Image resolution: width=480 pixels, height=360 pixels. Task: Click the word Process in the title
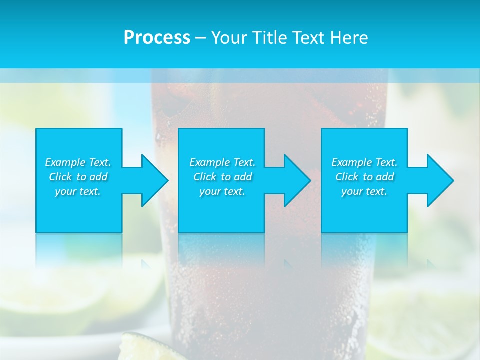157,38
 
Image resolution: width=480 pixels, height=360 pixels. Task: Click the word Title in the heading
269,38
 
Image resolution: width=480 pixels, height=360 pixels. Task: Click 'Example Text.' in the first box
78,162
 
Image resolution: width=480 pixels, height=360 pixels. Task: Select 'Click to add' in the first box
78,177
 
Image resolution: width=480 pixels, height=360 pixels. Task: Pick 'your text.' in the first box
78,191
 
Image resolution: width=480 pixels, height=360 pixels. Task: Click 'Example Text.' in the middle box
222,162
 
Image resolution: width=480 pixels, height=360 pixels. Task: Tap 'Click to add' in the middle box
222,177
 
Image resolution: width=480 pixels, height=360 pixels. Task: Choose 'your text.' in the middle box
222,191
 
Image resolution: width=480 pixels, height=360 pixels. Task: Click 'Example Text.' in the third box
364,162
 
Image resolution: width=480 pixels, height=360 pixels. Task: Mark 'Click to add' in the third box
364,177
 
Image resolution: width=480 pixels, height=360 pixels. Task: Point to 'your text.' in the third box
364,191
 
